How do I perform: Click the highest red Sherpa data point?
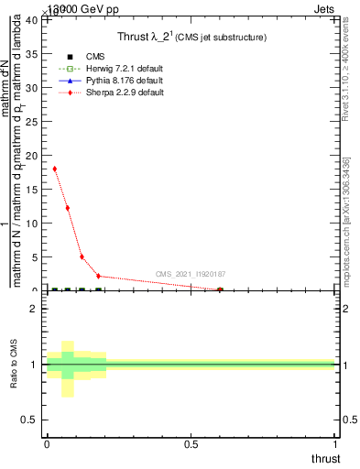55,169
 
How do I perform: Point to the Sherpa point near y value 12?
68,208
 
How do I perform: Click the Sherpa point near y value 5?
82,256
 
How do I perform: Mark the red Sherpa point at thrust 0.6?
220,289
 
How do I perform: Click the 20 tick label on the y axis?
34,156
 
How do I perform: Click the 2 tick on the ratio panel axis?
36,309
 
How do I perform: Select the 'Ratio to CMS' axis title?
14,365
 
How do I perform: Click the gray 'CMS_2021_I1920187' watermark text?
191,275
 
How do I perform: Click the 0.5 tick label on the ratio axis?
32,420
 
